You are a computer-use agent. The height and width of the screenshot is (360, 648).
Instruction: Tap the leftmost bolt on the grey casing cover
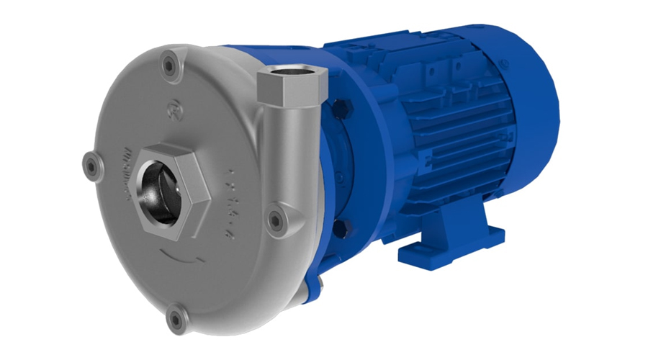[91, 165]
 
